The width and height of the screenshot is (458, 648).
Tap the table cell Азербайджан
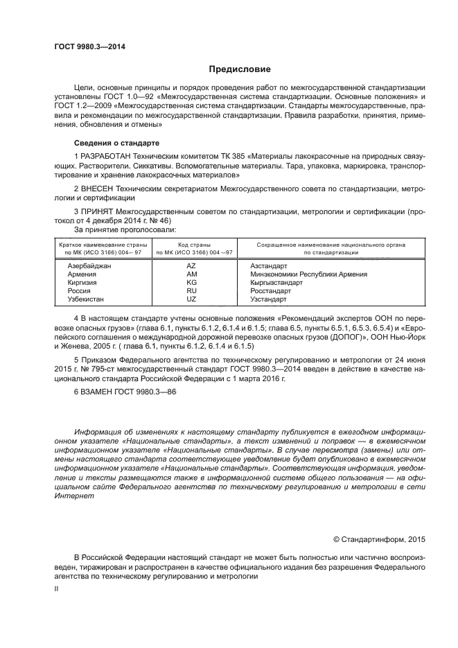pyautogui.click(x=89, y=265)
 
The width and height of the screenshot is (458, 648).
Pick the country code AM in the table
pyautogui.click(x=192, y=274)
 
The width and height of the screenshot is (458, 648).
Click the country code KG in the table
pyautogui.click(x=192, y=282)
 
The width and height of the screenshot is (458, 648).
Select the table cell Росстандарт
pyautogui.click(x=272, y=290)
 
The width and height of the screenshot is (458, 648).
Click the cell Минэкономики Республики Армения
pyautogui.click(x=308, y=274)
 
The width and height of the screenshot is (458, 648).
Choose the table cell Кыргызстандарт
pyautogui.click(x=276, y=282)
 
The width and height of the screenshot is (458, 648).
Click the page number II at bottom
pyautogui.click(x=57, y=588)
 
